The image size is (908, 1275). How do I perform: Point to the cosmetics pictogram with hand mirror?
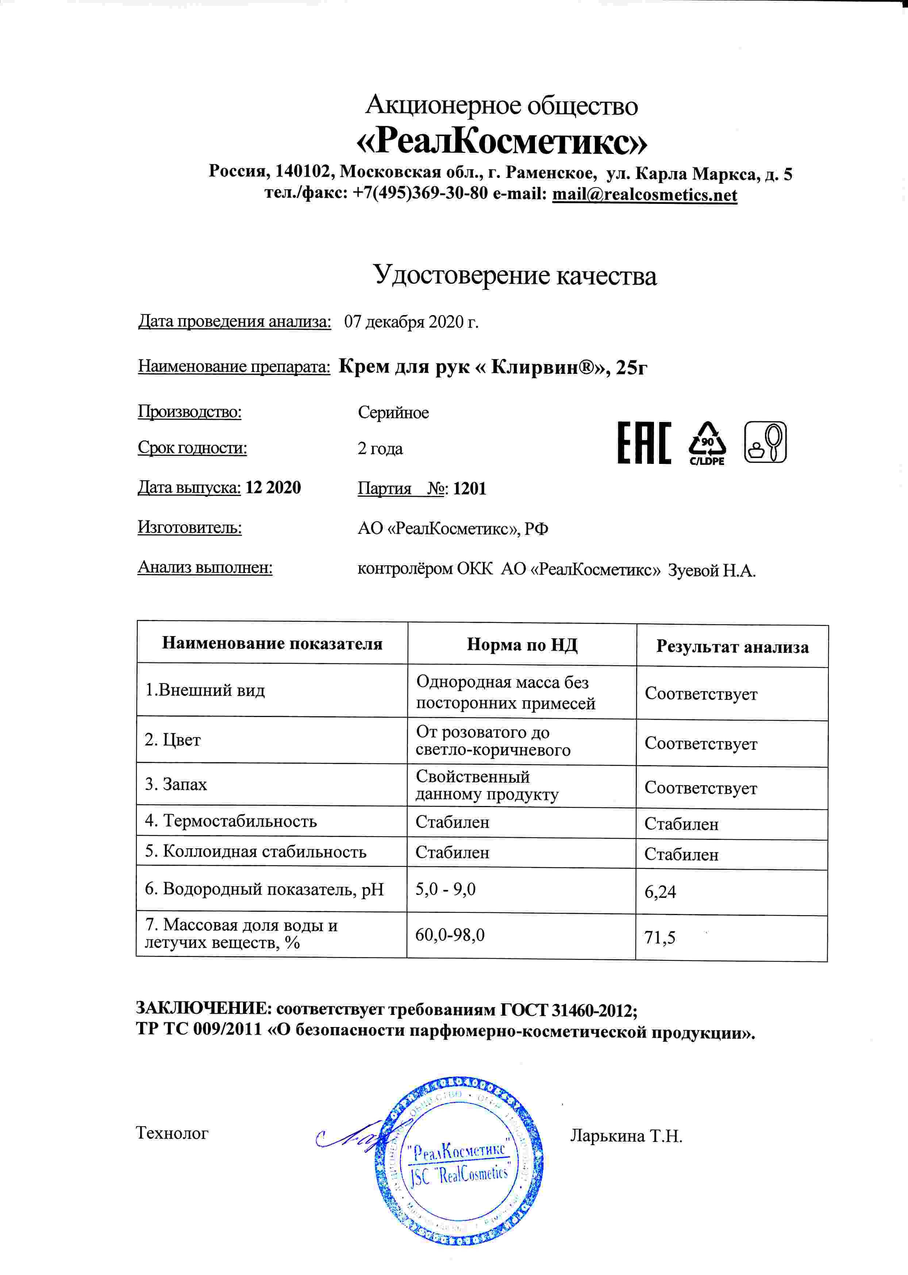coord(765,442)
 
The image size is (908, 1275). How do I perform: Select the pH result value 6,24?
coord(660,892)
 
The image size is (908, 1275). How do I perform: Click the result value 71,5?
coord(660,938)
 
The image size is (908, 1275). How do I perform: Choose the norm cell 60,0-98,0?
coord(450,935)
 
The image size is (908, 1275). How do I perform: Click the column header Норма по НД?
coord(522,645)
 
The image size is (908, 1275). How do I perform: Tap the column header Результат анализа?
coord(732,647)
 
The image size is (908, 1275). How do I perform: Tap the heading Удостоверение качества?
coord(514,275)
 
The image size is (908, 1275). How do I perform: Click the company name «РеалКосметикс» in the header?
coord(501,142)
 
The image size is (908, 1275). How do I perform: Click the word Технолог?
coord(172,1133)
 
